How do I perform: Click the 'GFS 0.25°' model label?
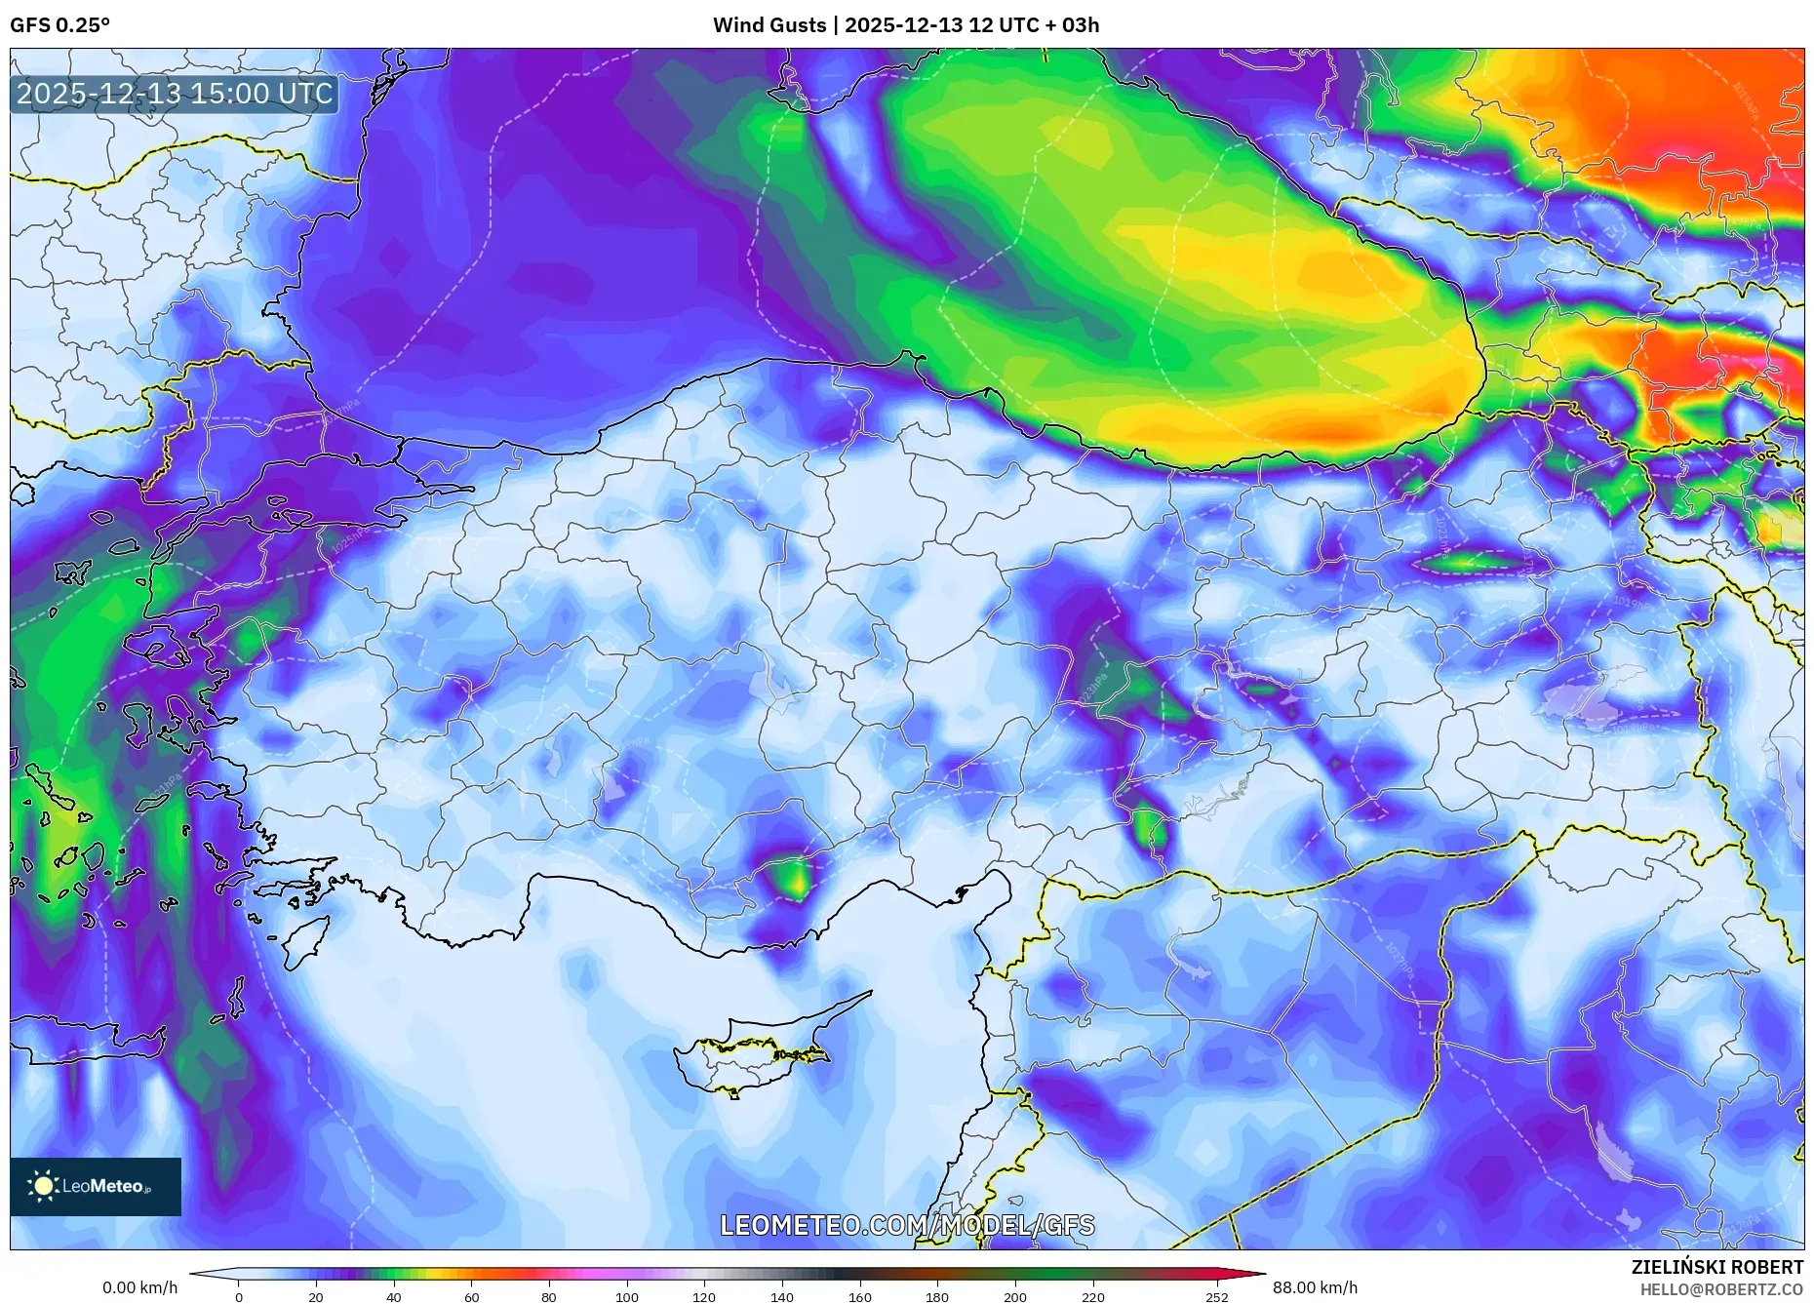point(59,25)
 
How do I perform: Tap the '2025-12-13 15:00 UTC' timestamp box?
point(175,94)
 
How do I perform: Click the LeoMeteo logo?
point(96,1186)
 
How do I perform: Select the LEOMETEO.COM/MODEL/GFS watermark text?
point(907,1225)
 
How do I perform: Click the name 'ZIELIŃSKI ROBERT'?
point(1716,1267)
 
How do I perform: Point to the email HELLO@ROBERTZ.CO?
point(1721,1289)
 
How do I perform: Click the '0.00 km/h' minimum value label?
point(140,1287)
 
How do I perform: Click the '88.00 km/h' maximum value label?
point(1315,1287)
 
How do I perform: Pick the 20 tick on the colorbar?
point(315,1297)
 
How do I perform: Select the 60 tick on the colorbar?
point(471,1297)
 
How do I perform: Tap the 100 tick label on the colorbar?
point(626,1297)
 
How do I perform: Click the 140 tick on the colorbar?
point(781,1297)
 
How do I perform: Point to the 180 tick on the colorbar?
point(936,1297)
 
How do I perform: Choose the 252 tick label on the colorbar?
point(1216,1297)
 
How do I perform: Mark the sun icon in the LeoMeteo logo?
point(43,1186)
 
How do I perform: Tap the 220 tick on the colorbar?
point(1092,1297)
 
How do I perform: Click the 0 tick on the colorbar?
point(238,1297)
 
